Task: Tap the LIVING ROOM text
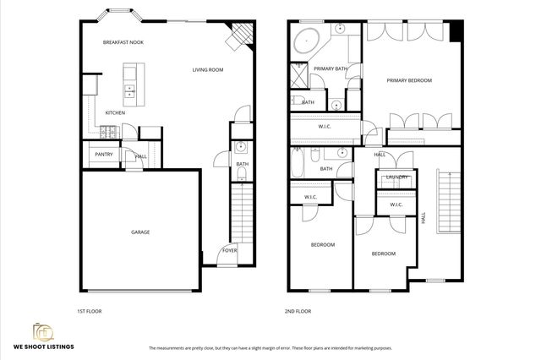[x=207, y=70]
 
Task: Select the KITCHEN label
[x=116, y=112]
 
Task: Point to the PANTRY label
[x=104, y=155]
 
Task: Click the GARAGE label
[x=139, y=232]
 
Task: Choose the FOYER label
[x=229, y=251]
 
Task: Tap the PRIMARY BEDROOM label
[x=409, y=80]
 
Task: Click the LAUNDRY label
[x=397, y=177]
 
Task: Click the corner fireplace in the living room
[x=242, y=35]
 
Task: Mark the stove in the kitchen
[x=109, y=132]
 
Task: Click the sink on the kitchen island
[x=129, y=88]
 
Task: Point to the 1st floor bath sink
[x=239, y=145]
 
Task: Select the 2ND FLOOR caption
[x=298, y=312]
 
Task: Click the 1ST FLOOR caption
[x=89, y=312]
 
